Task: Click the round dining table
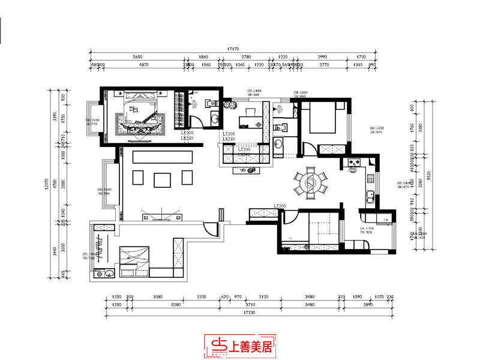(310, 183)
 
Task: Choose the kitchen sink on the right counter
(370, 195)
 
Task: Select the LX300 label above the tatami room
(280, 206)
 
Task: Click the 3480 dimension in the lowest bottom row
(310, 305)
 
